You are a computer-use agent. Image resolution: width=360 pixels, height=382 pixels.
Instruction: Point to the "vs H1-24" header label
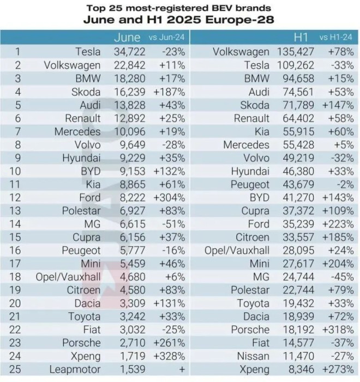pos(335,38)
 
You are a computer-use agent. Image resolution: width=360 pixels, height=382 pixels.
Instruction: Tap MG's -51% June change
pos(173,223)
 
